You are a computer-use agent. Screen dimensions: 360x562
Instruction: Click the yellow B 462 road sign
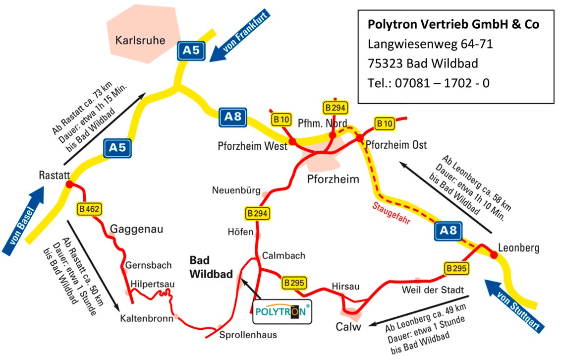click(x=89, y=209)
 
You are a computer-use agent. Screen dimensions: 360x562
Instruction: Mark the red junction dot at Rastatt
click(x=69, y=184)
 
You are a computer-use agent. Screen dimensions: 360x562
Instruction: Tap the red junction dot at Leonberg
click(x=494, y=255)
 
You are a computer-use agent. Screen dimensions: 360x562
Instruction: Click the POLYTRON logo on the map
click(x=282, y=311)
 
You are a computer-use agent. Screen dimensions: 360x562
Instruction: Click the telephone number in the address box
click(x=428, y=83)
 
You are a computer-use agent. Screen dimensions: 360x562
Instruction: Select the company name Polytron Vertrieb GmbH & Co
click(x=453, y=24)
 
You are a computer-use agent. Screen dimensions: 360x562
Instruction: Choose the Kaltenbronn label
click(x=147, y=318)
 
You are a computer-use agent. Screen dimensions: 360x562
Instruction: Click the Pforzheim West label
click(x=252, y=146)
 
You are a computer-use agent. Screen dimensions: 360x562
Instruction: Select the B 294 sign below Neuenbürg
click(x=257, y=214)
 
